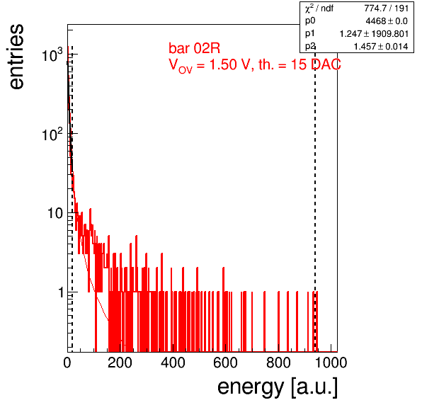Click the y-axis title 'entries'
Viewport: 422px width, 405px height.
[17, 56]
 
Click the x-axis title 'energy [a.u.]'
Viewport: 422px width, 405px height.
[278, 387]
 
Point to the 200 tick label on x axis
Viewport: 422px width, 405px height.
[120, 363]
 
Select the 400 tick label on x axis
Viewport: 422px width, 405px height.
[173, 363]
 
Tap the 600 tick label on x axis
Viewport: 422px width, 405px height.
[226, 363]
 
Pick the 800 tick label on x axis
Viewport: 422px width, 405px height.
[278, 363]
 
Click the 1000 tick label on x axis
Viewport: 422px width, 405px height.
[331, 363]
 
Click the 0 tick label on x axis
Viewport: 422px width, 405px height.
[67, 363]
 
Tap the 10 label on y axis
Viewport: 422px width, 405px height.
[55, 213]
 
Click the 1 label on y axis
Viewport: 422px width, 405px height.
[61, 292]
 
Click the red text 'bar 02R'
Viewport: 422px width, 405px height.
[194, 48]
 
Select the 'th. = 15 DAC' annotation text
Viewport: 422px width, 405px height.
[300, 64]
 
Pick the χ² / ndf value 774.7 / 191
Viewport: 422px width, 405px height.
[387, 8]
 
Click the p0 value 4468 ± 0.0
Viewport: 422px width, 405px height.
[387, 21]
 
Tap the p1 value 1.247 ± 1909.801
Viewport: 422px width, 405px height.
[374, 34]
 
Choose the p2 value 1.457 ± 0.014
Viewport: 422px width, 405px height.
[381, 47]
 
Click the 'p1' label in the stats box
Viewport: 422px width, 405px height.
[309, 34]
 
